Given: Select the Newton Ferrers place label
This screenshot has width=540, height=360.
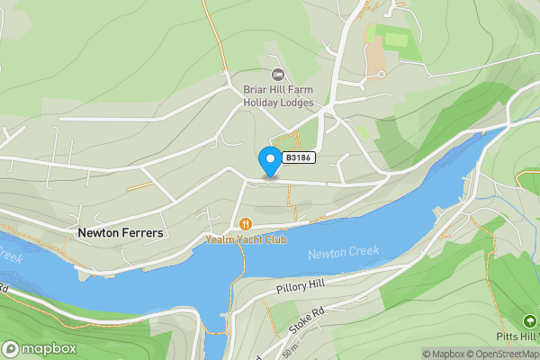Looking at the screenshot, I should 121,232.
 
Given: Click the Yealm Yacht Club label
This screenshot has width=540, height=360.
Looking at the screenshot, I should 246,240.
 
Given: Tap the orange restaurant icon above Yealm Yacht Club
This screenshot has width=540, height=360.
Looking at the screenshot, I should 245,224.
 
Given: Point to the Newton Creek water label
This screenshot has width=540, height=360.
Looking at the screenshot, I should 343,253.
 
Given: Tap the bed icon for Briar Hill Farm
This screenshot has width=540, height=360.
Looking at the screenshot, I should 277,75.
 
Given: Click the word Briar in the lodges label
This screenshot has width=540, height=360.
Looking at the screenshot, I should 256,89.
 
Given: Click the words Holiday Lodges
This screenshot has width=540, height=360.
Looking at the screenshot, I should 277,102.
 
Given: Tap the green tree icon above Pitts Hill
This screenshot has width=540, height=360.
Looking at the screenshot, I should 529,320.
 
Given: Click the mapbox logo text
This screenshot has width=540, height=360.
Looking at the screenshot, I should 49,348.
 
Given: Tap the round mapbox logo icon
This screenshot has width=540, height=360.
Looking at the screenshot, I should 11,348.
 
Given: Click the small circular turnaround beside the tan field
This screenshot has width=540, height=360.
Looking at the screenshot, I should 382,74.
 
